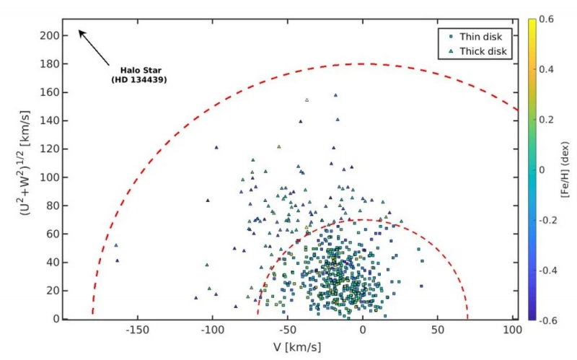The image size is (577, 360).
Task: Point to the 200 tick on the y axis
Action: point(49,35)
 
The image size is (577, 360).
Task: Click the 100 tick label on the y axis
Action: point(49,177)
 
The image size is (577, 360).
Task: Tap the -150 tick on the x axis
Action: point(136,330)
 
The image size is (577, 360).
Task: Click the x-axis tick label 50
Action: point(438,330)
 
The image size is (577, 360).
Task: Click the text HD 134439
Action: point(139,80)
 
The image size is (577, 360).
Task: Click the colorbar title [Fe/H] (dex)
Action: point(568,169)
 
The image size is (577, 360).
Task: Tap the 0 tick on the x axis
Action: point(363,330)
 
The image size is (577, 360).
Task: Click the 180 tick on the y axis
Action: point(49,63)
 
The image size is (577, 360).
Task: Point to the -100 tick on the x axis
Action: point(211,330)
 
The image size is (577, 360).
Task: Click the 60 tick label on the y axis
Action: point(52,234)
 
